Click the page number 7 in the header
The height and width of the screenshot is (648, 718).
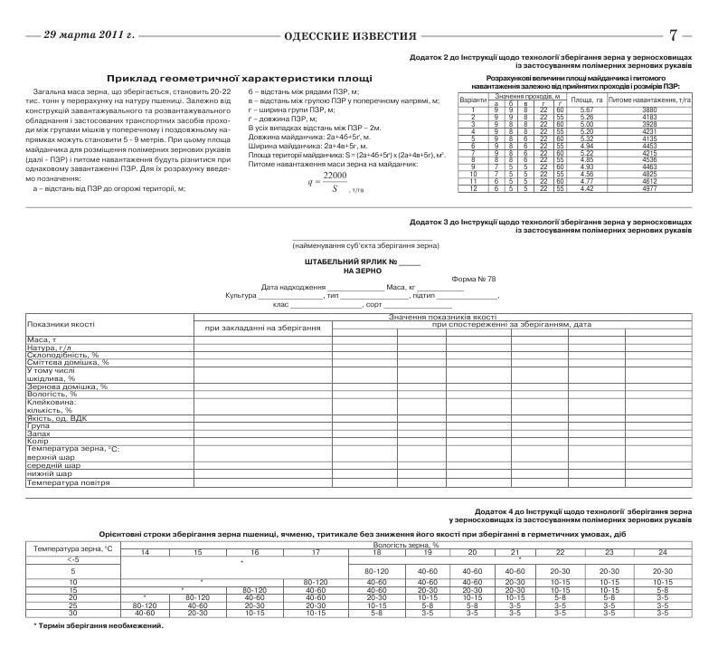coord(673,35)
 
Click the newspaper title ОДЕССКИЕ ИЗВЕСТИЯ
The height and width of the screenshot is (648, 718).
coord(350,36)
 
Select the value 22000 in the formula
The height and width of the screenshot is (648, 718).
coord(335,176)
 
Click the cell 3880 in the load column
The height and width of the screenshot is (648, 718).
coord(649,110)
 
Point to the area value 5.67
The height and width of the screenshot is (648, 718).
coord(586,110)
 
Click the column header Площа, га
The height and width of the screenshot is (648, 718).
coord(587,99)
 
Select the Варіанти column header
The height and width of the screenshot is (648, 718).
coord(474,99)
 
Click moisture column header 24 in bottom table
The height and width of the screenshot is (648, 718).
coord(662,551)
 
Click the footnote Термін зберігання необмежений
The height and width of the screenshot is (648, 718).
coord(99,624)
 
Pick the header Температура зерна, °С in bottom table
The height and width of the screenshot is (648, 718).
coord(72,548)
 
